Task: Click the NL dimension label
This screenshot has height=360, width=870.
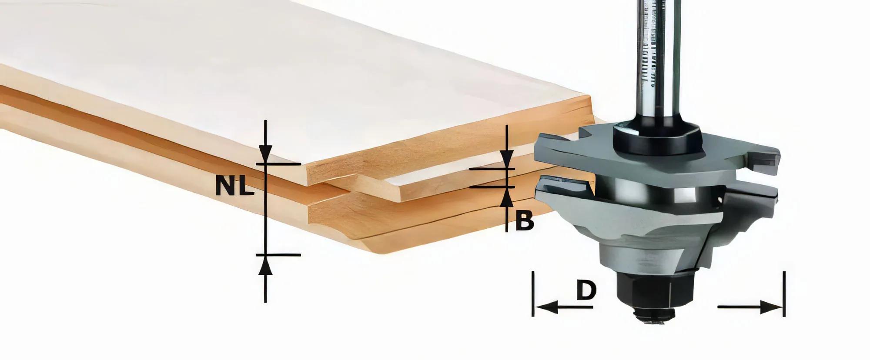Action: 234,187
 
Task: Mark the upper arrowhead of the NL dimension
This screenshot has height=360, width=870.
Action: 265,154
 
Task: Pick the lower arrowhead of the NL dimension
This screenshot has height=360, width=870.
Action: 265,265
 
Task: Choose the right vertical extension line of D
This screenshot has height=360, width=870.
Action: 784,294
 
